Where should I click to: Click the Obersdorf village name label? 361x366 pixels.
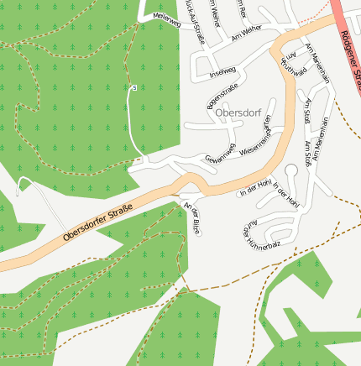tap(239, 112)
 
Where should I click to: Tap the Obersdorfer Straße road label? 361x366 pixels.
tap(97, 222)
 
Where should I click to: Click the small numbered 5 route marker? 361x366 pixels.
tap(133, 86)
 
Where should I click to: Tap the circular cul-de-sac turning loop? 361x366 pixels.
tap(291, 170)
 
